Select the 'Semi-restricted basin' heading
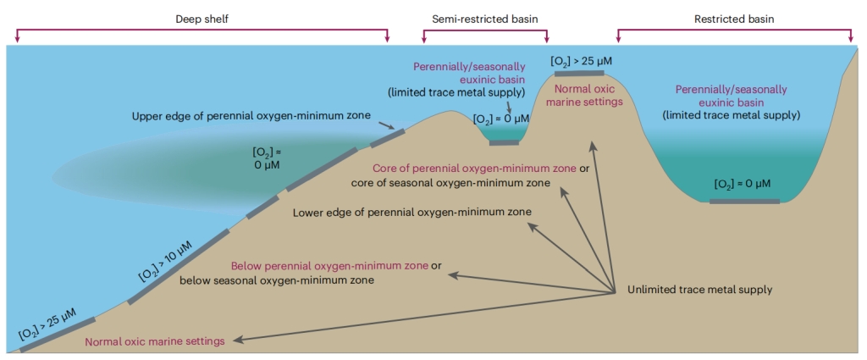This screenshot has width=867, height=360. [x=484, y=18]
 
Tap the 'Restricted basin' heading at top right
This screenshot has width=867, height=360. [x=735, y=18]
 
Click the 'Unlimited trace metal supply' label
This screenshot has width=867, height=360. [x=699, y=289]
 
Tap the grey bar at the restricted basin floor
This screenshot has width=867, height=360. [x=744, y=202]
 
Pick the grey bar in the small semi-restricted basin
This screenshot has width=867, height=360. [x=505, y=142]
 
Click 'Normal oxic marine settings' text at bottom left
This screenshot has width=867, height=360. [x=155, y=341]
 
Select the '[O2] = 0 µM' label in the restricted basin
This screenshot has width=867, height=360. [x=742, y=184]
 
